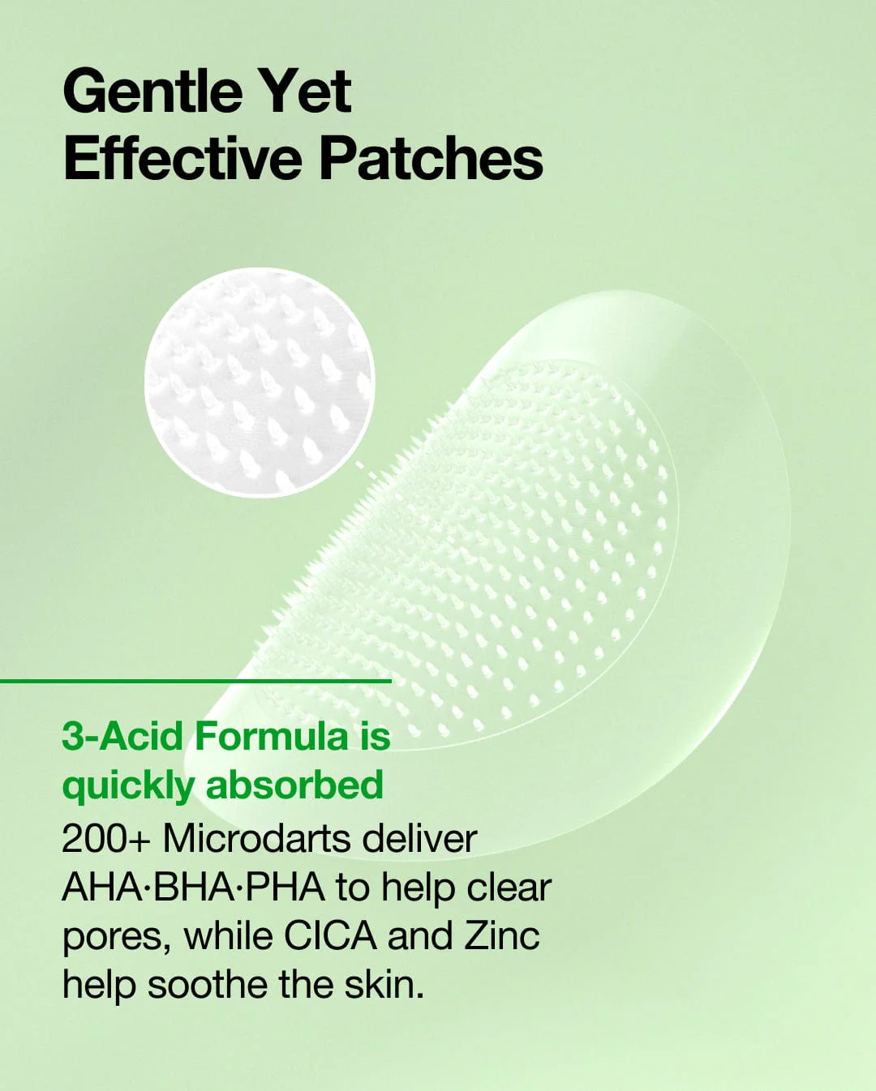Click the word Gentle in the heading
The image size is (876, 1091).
(x=152, y=92)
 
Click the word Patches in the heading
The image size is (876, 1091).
(x=432, y=159)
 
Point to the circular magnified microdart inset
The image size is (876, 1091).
(x=260, y=383)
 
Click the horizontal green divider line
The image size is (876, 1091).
(x=195, y=681)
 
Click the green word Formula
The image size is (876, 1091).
(x=271, y=736)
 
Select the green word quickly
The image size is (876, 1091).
(x=128, y=786)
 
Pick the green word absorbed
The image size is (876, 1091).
(x=294, y=785)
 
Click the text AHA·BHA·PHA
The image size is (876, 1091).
(x=193, y=888)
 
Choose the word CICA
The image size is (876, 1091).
(x=330, y=936)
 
